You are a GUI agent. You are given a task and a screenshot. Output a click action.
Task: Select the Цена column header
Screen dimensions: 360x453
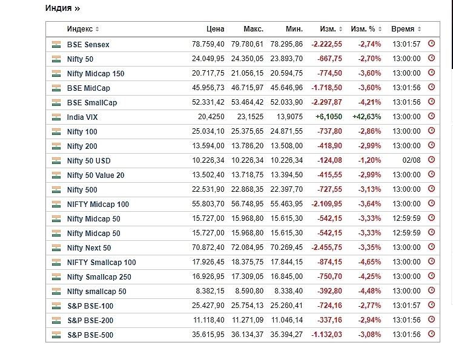(214, 29)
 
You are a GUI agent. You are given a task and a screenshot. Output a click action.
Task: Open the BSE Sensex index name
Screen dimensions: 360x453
(88, 45)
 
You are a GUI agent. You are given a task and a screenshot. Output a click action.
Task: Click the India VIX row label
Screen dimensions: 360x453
(84, 117)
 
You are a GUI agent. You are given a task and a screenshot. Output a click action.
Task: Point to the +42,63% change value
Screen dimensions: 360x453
(366, 117)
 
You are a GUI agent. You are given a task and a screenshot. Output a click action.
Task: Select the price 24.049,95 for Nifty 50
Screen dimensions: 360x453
(208, 59)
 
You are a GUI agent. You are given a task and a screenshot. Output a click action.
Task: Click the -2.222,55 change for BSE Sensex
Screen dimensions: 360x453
(326, 45)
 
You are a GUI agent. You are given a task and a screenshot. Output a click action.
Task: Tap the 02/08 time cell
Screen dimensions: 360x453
(411, 161)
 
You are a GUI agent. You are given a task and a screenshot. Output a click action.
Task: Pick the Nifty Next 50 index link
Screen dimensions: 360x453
(88, 248)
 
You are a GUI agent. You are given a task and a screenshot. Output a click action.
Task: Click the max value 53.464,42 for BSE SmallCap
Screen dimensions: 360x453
(247, 103)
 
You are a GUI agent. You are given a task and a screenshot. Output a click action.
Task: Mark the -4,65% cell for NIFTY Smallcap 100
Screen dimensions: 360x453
(369, 263)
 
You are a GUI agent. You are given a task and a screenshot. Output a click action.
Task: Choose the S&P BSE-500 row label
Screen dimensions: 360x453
(90, 335)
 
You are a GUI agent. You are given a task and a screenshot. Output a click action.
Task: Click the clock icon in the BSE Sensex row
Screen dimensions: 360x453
(431, 44)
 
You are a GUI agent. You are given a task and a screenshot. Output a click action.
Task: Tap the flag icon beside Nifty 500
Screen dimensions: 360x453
(56, 190)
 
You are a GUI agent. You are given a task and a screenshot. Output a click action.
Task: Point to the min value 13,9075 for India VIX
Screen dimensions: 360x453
(287, 117)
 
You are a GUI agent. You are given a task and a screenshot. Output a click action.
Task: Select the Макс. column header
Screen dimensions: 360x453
(253, 29)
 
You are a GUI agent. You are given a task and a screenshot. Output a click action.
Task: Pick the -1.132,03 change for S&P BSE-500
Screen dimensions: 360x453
(326, 335)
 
